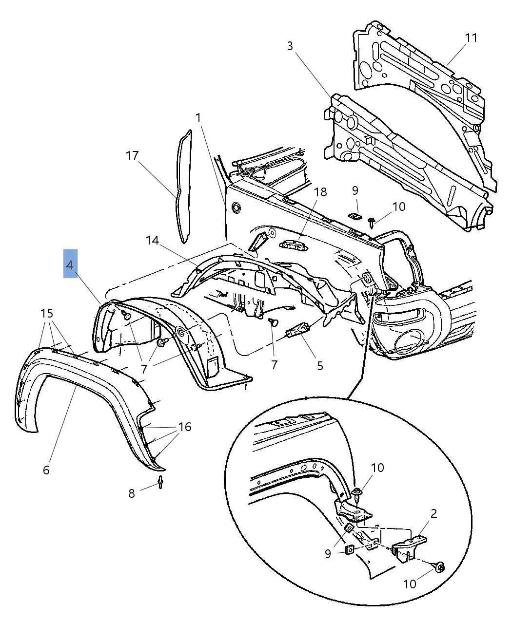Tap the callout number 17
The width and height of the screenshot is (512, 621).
coord(132,156)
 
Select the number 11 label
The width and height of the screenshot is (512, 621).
coord(471,38)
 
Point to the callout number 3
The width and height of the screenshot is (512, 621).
coord(290,46)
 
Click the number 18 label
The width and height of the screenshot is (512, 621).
coord(320,192)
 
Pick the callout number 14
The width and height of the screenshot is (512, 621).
coord(152,240)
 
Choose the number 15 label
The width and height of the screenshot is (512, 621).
coord(47,313)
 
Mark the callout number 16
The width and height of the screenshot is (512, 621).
coord(185,427)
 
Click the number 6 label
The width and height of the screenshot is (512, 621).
coord(46,470)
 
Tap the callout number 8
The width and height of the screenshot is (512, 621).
coord(131,493)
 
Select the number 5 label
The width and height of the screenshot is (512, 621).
coord(320,365)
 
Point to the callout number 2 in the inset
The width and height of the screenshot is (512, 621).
coord(433,513)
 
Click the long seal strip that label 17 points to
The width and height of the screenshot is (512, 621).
coord(184,185)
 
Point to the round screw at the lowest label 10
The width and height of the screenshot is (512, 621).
coord(440,566)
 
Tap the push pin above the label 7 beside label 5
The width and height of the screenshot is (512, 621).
coord(273,322)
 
